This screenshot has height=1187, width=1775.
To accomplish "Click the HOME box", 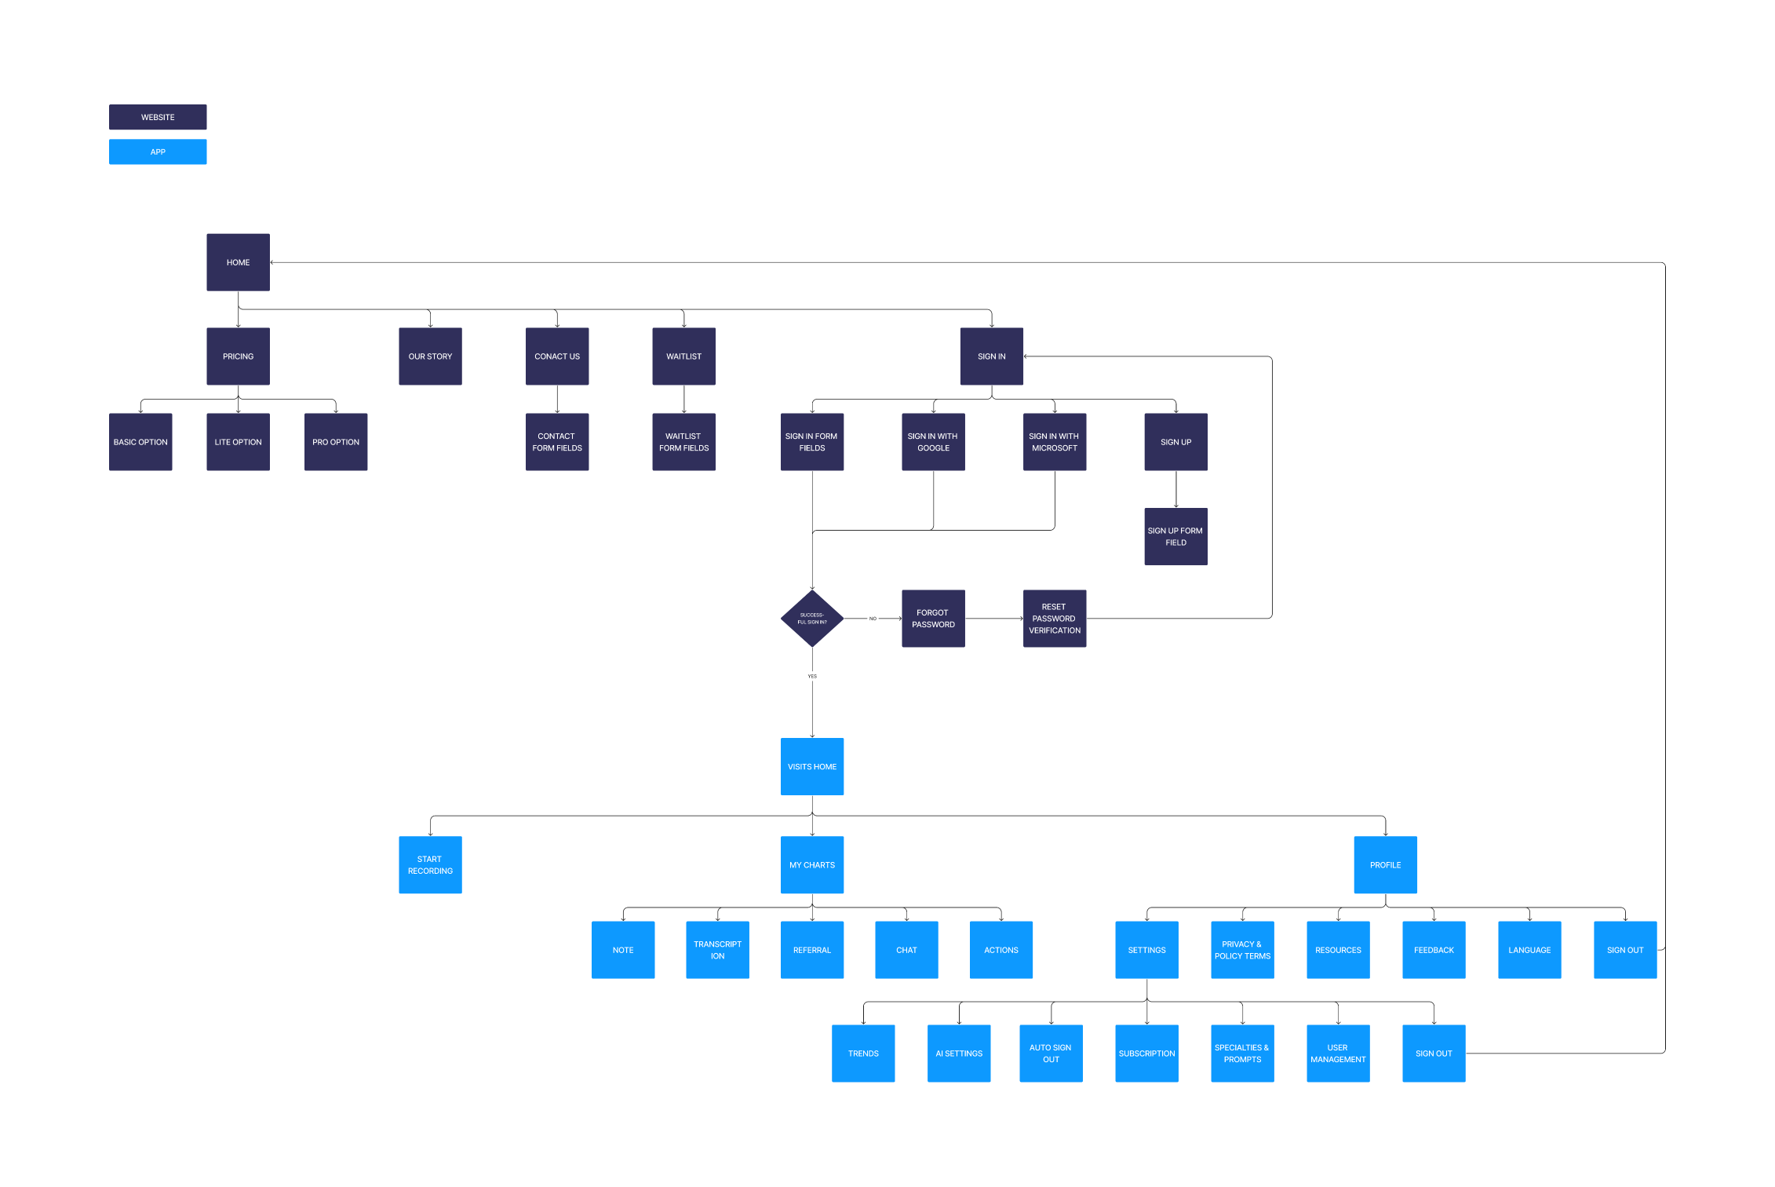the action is click(238, 262).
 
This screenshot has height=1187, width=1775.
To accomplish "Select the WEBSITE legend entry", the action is click(158, 117).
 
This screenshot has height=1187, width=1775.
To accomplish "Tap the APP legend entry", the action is click(158, 152).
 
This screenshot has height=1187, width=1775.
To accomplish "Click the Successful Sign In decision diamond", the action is click(812, 619).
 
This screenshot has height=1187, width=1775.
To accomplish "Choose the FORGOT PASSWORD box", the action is click(933, 619).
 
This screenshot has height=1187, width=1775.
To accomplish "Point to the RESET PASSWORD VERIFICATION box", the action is click(1055, 619).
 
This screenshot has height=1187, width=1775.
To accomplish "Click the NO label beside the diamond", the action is click(873, 619).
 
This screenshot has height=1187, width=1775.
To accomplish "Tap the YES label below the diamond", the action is click(812, 676).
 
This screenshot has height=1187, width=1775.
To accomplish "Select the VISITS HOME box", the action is click(812, 766).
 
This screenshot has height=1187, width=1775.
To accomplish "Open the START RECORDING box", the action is click(430, 864).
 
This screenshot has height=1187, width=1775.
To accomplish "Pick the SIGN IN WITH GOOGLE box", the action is click(933, 442).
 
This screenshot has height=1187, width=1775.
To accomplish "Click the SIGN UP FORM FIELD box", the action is click(1175, 536).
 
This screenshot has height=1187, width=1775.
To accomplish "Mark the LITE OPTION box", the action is click(238, 442).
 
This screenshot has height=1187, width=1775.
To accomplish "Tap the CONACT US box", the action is click(557, 356).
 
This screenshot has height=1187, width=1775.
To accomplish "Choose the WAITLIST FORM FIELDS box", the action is click(683, 442).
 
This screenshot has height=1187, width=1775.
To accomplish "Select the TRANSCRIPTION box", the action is click(717, 950).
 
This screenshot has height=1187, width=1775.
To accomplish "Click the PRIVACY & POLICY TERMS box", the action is click(1242, 950).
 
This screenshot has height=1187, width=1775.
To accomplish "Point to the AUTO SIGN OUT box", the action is click(1051, 1054).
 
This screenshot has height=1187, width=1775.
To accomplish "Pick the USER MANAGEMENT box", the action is click(1338, 1054).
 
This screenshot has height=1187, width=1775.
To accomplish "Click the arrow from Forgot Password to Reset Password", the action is click(994, 619).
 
